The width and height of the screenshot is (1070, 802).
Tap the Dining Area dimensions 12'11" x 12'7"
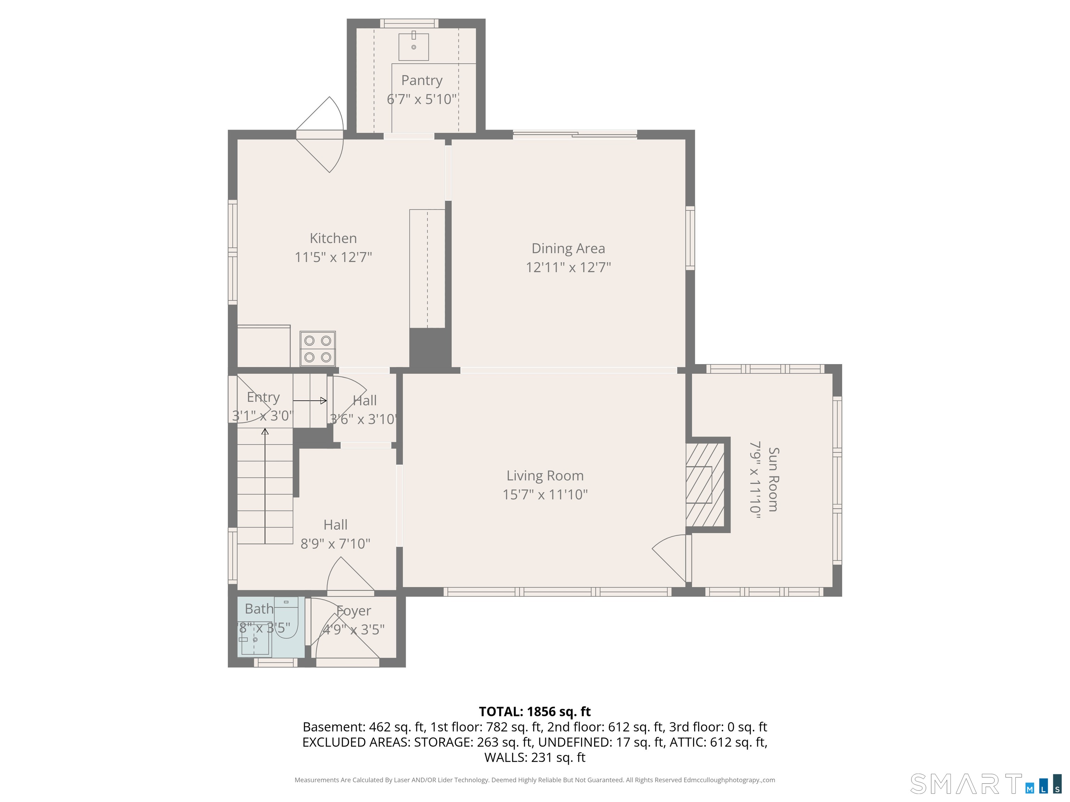[568, 267]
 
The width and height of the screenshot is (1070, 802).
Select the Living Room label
[545, 476]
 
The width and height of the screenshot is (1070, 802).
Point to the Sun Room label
[773, 480]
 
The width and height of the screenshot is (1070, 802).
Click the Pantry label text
[422, 80]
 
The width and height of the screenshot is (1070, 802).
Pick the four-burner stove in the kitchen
[317, 348]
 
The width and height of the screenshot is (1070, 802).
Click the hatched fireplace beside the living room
[705, 485]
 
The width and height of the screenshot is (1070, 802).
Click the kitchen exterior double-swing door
[320, 135]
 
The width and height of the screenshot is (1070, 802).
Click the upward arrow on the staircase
[265, 486]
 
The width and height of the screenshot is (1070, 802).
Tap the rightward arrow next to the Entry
[310, 400]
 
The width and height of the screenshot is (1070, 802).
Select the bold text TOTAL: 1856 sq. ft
[535, 711]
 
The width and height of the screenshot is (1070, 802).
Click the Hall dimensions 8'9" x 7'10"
[335, 544]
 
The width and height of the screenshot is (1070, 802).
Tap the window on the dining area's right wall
[690, 238]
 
